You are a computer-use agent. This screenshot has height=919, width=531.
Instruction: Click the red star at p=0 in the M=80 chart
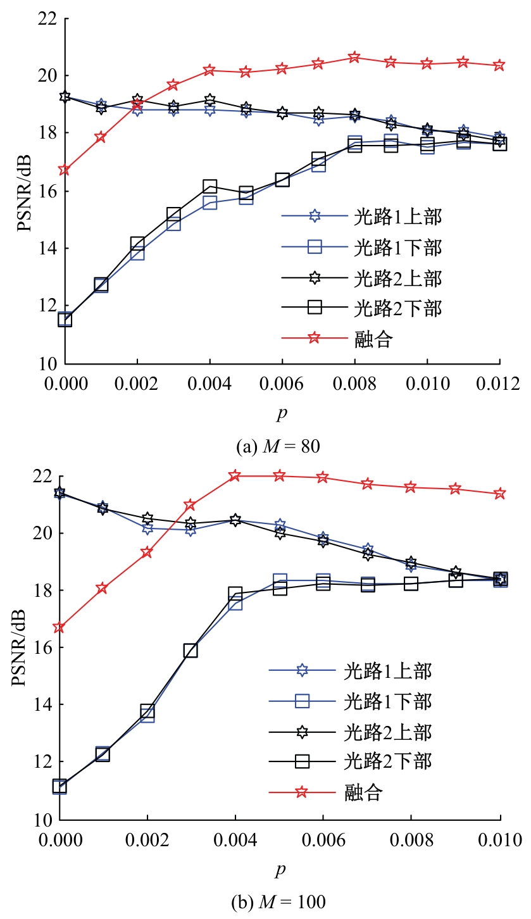[x=64, y=170]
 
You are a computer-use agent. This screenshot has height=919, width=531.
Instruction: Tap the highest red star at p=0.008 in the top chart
[x=354, y=58]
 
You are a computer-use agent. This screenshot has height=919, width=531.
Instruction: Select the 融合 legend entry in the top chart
[x=373, y=339]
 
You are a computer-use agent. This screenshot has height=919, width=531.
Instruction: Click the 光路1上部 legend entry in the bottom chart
[x=387, y=669]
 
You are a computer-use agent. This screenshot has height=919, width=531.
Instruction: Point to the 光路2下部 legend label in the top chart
[x=397, y=308]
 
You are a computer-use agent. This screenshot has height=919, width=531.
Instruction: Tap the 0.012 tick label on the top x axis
[x=499, y=384]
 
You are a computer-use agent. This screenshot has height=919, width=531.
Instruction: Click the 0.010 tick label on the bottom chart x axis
[x=500, y=839]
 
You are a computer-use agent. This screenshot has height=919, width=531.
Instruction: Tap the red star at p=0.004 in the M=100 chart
[x=235, y=475]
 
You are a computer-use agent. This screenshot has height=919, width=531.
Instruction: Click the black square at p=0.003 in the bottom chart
[x=191, y=651]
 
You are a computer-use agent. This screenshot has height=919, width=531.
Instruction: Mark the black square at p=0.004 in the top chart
[x=209, y=186]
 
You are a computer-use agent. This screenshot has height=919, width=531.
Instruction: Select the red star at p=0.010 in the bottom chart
[x=500, y=494]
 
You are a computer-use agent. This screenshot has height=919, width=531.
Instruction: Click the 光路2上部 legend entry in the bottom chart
[x=387, y=732]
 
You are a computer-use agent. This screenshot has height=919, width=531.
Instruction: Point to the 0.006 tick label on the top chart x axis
[x=282, y=384]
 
